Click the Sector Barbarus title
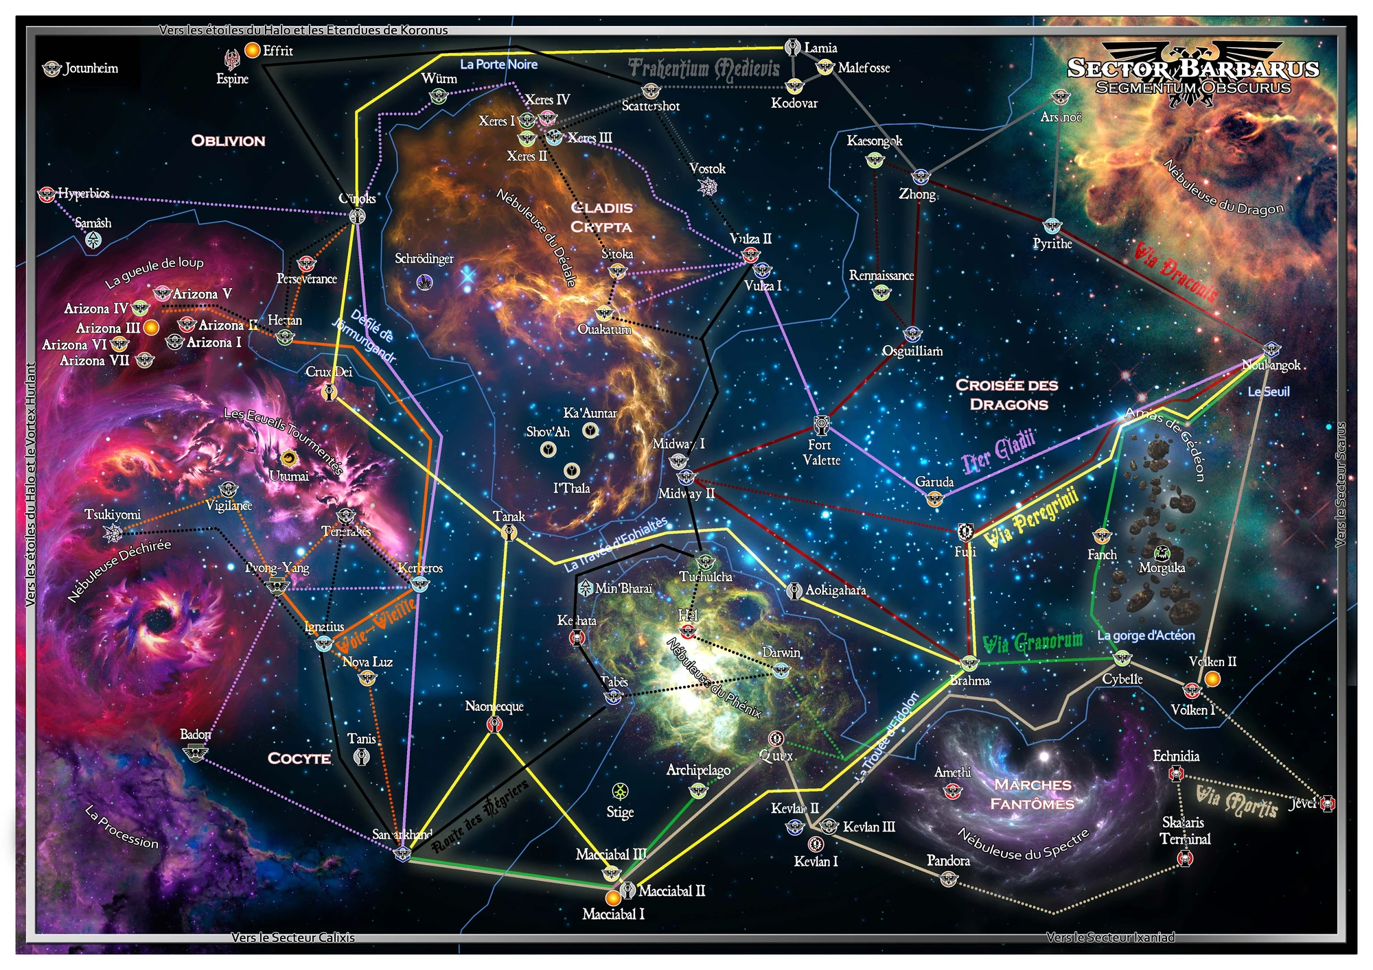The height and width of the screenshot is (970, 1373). coord(1193,69)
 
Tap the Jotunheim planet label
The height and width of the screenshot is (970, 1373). coord(91,68)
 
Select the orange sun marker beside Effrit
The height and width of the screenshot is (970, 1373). coord(253,50)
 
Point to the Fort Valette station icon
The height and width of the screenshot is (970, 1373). coord(821,425)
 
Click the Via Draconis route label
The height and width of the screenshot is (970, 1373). coord(1175,272)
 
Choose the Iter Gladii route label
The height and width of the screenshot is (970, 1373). coord(999,453)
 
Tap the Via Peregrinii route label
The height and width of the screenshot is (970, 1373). coord(1031,518)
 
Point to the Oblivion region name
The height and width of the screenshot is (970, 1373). coord(228,141)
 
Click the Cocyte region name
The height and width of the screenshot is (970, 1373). coord(299,758)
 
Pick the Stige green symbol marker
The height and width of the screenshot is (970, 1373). coord(620,792)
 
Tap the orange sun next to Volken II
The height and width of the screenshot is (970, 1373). coord(1213,679)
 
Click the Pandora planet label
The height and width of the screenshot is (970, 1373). coord(948,861)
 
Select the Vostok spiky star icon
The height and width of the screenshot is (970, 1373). coord(707,187)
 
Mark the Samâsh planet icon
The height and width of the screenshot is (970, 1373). coord(93,239)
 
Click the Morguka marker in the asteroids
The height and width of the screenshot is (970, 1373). coord(1162,552)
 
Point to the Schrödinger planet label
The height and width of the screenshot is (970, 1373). coord(424,259)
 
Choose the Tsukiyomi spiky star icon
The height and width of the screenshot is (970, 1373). coord(113,532)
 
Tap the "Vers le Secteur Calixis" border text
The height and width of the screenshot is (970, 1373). coord(293,938)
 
